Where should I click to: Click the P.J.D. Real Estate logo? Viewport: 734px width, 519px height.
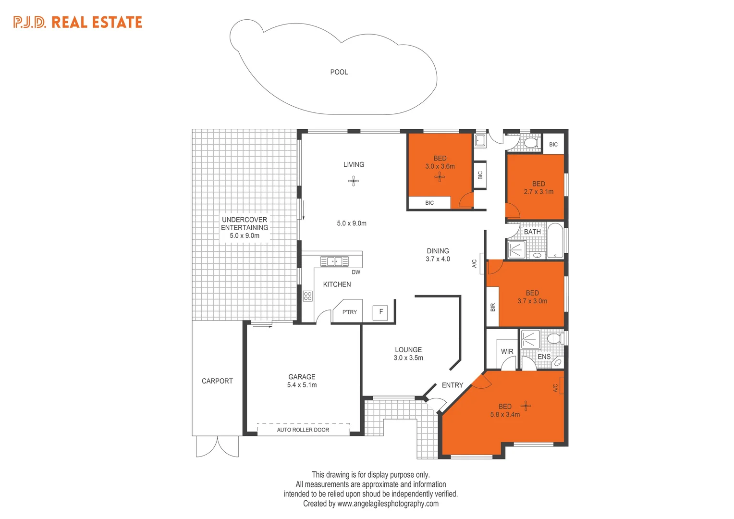click(78, 22)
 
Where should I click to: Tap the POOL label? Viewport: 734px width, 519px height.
click(339, 72)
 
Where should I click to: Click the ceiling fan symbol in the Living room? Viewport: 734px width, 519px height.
click(354, 181)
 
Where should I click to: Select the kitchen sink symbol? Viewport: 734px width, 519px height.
click(334, 261)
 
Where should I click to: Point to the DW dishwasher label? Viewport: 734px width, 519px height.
click(355, 272)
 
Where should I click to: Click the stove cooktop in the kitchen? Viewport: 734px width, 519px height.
click(307, 296)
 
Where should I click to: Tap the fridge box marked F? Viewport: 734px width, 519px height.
click(380, 312)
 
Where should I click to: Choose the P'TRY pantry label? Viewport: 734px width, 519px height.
click(349, 312)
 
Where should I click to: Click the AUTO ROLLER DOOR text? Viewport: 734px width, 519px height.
click(303, 430)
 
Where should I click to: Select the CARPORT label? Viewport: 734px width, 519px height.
click(217, 381)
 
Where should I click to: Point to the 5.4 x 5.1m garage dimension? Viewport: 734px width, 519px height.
click(302, 385)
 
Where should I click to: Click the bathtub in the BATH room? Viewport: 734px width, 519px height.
click(555, 240)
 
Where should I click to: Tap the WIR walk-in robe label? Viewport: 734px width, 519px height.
click(507, 352)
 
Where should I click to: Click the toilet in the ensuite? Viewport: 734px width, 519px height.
click(554, 339)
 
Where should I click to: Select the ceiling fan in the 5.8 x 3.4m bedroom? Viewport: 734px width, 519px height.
click(526, 406)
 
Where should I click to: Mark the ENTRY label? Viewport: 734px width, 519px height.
click(452, 385)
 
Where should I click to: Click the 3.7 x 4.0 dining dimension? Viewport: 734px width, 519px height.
click(438, 259)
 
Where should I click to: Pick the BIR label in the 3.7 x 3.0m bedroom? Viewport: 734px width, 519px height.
click(492, 307)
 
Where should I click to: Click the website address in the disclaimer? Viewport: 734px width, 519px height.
click(388, 504)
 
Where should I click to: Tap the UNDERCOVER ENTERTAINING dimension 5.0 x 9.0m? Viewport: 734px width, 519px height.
click(244, 236)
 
